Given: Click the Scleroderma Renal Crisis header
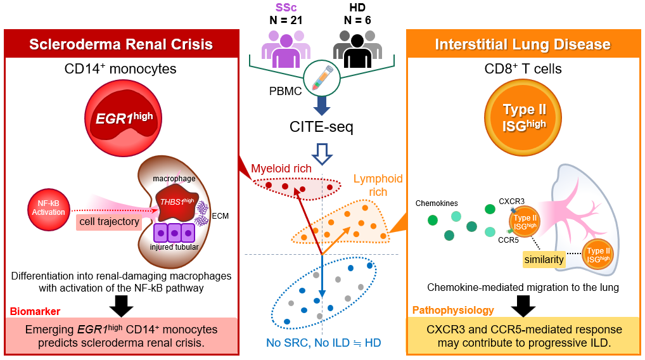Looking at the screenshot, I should click(x=120, y=44).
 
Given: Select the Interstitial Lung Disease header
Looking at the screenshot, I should click(x=523, y=44).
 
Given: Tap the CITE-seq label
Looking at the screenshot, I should click(x=322, y=127).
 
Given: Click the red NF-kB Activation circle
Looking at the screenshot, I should click(x=48, y=207).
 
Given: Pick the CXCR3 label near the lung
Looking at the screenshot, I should click(x=511, y=202).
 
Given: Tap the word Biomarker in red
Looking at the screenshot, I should click(x=35, y=311).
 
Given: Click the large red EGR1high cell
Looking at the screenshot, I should click(x=120, y=117).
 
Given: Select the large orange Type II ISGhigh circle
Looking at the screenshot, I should click(x=523, y=117).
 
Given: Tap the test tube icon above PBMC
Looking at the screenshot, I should click(x=322, y=80).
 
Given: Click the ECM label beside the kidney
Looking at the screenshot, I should click(x=221, y=215).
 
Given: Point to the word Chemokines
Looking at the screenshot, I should click(x=437, y=203).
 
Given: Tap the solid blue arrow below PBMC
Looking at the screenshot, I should click(x=322, y=105).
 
